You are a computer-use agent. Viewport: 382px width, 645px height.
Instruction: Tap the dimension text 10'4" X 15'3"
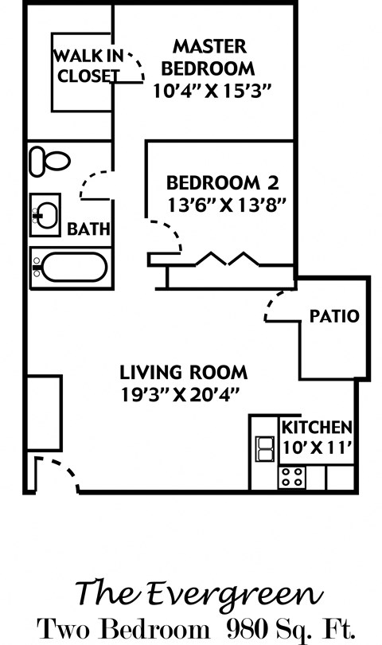[212, 90]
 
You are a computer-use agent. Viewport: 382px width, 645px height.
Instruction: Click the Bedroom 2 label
[222, 182]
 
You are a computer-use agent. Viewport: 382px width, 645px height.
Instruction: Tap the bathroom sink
[45, 214]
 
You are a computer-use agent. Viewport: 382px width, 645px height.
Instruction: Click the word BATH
[88, 229]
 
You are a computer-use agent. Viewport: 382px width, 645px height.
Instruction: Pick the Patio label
[334, 315]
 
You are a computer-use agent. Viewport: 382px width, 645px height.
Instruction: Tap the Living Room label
[183, 371]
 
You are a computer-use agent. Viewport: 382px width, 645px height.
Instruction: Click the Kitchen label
[316, 426]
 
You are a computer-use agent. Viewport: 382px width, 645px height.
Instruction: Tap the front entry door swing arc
[57, 474]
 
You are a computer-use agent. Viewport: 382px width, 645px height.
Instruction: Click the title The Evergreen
[199, 592]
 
